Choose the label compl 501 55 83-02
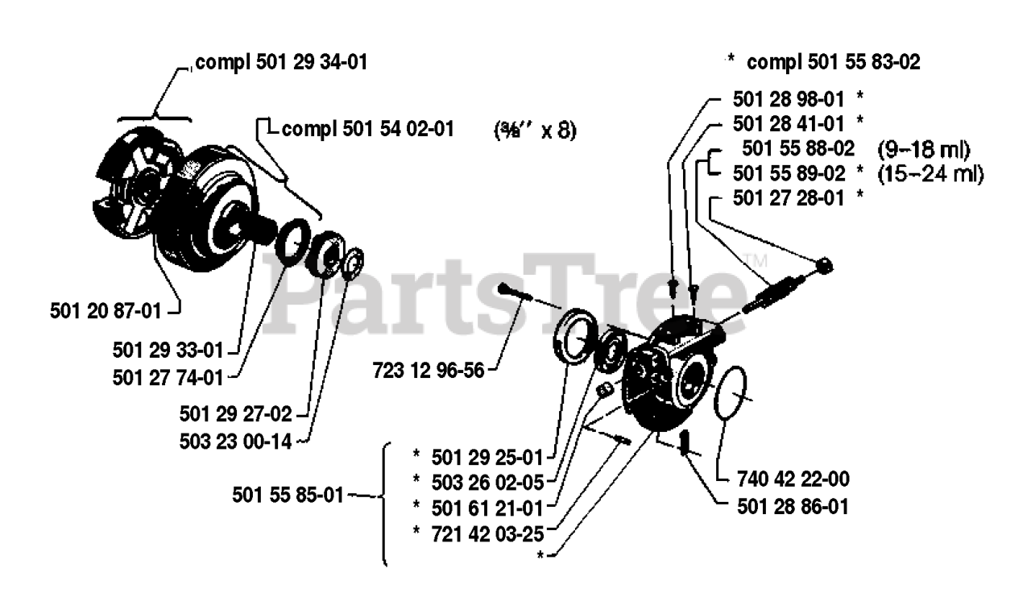(834, 61)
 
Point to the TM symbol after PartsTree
(755, 260)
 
